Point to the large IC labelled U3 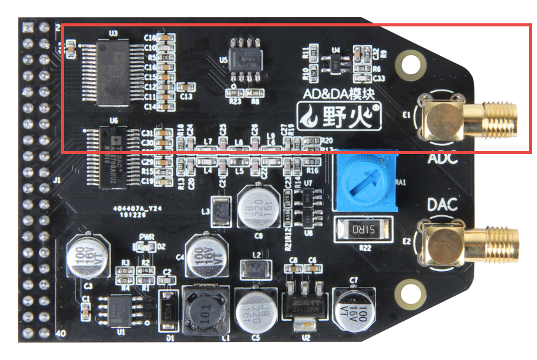[x=113, y=72]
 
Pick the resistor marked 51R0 [x=363, y=229]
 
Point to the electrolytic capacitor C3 [x=88, y=257]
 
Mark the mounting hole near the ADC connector [x=409, y=64]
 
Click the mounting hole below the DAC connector [x=411, y=294]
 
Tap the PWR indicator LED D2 [x=146, y=247]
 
